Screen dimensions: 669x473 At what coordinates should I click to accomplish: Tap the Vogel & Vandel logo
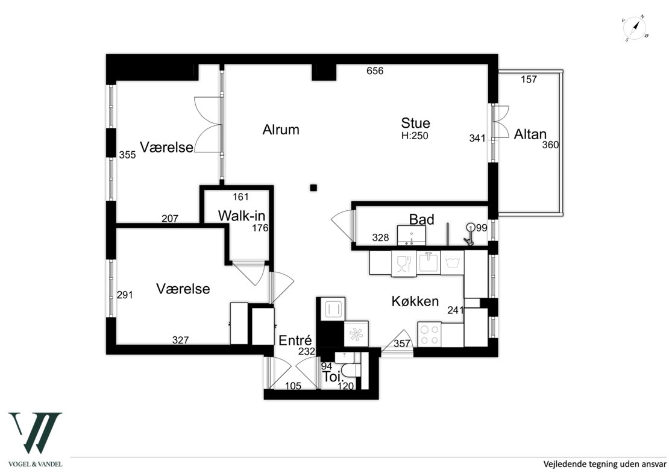[36, 439]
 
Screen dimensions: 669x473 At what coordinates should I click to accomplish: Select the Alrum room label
[281, 130]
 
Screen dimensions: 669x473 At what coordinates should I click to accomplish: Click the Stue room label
[415, 124]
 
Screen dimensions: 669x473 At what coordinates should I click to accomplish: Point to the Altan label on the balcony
[530, 134]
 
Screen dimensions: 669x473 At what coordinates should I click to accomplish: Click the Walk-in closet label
[242, 215]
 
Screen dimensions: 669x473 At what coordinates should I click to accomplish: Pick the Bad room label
[421, 219]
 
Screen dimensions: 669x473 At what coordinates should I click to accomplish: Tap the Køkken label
[415, 301]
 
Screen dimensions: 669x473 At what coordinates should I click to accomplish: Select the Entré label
[295, 340]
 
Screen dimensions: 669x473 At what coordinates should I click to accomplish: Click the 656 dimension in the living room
[375, 71]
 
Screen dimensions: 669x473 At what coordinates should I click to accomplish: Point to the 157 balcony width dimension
[529, 80]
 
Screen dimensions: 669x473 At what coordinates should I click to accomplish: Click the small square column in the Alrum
[313, 187]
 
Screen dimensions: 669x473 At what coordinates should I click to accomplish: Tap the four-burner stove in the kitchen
[429, 334]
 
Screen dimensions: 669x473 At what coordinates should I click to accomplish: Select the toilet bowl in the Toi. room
[351, 370]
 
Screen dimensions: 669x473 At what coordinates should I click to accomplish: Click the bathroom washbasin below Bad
[411, 236]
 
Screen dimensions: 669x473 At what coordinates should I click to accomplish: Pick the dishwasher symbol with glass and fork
[404, 263]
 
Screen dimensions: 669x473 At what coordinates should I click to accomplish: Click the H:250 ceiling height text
[415, 136]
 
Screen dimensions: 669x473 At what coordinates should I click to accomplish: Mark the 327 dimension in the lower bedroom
[180, 340]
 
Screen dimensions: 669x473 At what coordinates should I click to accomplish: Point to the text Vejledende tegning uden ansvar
[605, 463]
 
